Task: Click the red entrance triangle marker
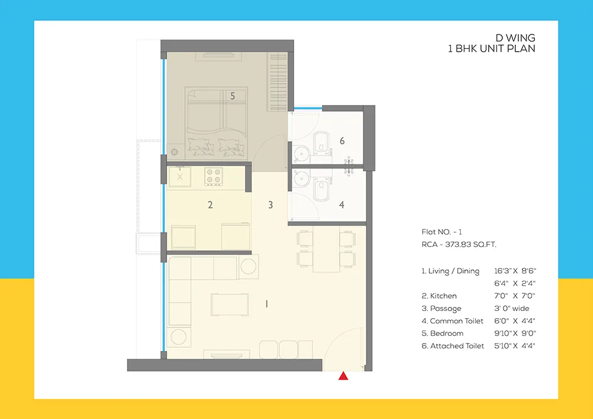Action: click(343, 376)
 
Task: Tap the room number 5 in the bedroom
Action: click(232, 96)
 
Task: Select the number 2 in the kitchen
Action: click(211, 205)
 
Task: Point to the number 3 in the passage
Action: click(270, 205)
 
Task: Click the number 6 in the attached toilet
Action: click(342, 141)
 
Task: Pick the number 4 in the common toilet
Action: click(342, 205)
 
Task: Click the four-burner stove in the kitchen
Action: click(213, 177)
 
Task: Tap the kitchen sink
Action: click(180, 176)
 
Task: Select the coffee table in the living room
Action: click(230, 304)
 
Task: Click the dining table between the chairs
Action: click(326, 249)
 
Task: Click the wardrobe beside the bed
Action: click(278, 82)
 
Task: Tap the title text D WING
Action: click(515, 38)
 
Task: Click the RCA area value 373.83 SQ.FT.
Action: click(470, 245)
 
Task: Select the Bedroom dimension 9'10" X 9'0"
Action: click(515, 334)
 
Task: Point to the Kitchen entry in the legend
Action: click(439, 296)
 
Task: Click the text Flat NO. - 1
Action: click(442, 232)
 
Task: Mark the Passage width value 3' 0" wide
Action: click(512, 309)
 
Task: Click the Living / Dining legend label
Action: click(451, 271)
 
